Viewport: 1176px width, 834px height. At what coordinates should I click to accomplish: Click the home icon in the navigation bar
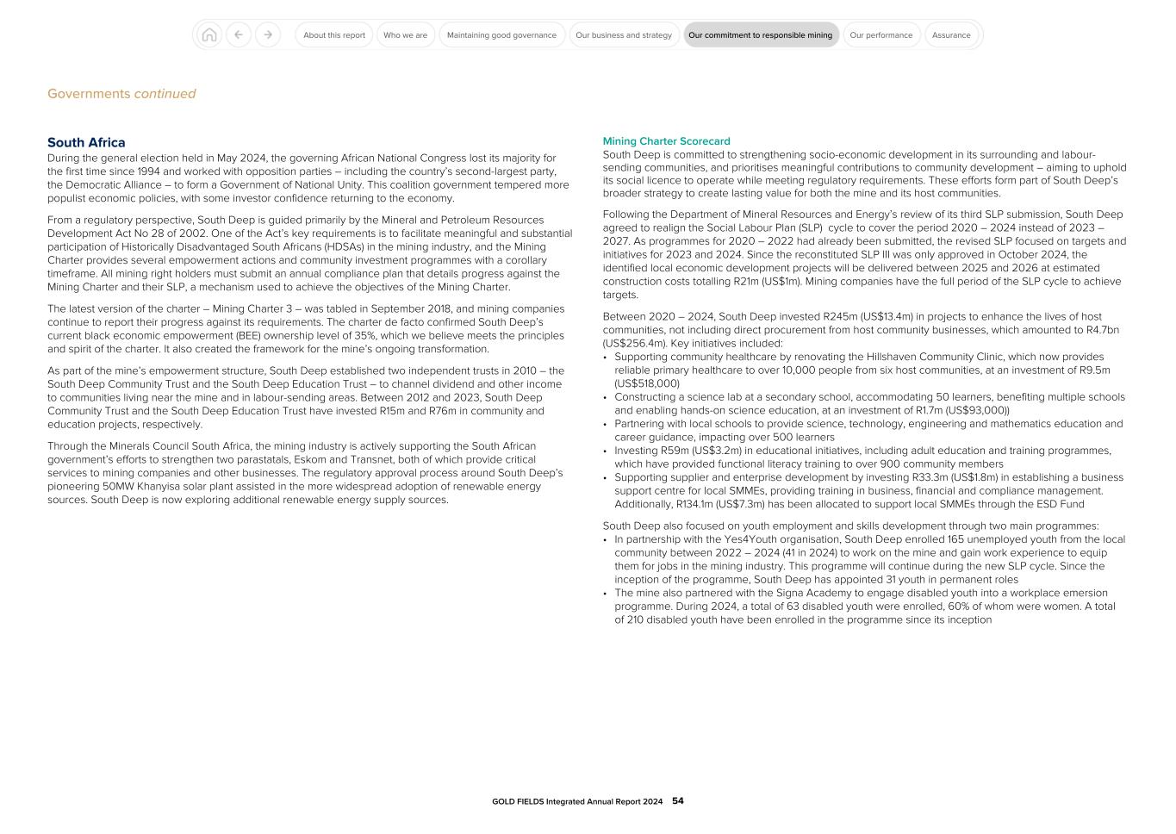[x=208, y=35]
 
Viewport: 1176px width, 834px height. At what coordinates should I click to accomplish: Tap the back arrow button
[x=239, y=35]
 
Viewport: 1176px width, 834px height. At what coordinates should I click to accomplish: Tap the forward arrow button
[x=268, y=35]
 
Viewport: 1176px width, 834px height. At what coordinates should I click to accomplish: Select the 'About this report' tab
[x=334, y=35]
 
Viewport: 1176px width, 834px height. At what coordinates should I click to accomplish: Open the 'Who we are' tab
[x=405, y=35]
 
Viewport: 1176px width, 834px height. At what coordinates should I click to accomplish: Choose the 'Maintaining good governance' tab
[x=501, y=35]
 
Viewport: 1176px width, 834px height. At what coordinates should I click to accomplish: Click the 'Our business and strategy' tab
[x=624, y=35]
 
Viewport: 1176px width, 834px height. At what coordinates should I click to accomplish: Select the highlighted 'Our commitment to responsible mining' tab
[x=760, y=35]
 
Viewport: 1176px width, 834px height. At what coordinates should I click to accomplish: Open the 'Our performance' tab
[x=880, y=35]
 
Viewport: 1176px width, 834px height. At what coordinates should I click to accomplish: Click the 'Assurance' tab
[x=951, y=35]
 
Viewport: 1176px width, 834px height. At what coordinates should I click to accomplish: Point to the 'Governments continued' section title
[x=121, y=94]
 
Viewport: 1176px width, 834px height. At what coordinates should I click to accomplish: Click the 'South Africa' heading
[x=86, y=143]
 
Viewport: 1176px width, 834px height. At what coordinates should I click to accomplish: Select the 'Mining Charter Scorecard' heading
[x=666, y=141]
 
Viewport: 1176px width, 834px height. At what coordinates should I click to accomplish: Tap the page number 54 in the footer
[x=678, y=801]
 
